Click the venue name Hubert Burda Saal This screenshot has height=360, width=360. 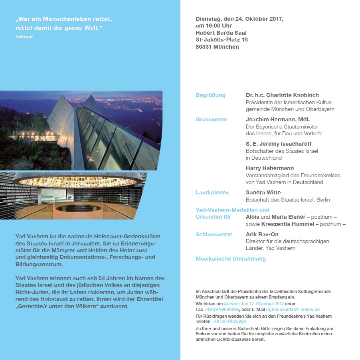tap(221, 33)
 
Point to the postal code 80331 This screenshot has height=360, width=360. tap(204, 47)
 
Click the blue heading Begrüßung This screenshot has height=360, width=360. tap(210, 95)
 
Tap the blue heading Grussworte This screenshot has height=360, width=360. tap(211, 119)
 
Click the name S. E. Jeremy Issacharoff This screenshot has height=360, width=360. tap(279, 144)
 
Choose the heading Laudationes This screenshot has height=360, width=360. tap(212, 192)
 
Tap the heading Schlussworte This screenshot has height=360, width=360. tap(214, 234)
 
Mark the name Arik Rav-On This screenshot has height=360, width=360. tap(262, 234)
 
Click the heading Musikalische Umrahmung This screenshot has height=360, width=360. tap(230, 259)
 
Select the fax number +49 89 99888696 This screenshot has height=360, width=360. tap(222, 309)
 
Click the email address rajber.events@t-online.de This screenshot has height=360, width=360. tap(293, 309)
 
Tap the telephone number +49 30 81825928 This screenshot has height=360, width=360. tap(229, 321)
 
